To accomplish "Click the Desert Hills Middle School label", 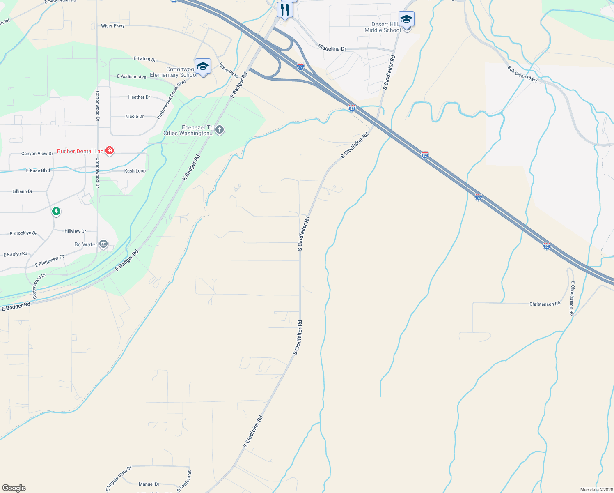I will [x=383, y=27].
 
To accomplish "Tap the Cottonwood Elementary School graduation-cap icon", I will [x=203, y=66].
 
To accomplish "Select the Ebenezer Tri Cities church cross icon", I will [x=220, y=130].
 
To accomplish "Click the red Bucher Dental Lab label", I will [x=80, y=151].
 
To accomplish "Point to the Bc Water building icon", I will [x=103, y=244].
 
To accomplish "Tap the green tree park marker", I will [x=56, y=212].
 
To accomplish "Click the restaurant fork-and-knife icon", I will [x=284, y=9].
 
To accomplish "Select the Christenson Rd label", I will [x=545, y=304].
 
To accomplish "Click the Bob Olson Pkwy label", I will [x=522, y=74].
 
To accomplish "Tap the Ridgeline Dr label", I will [x=332, y=48].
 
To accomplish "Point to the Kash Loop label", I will [x=135, y=171].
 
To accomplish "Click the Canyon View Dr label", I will [x=37, y=154].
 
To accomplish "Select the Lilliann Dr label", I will [x=23, y=191].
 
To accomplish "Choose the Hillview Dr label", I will [x=75, y=231].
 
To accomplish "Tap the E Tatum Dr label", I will [x=145, y=59].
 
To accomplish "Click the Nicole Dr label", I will [x=135, y=117].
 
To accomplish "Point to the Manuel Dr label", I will [x=149, y=484].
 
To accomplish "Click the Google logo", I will [x=14, y=488].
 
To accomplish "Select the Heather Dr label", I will [x=139, y=97].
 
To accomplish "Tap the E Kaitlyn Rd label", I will [x=15, y=254].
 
